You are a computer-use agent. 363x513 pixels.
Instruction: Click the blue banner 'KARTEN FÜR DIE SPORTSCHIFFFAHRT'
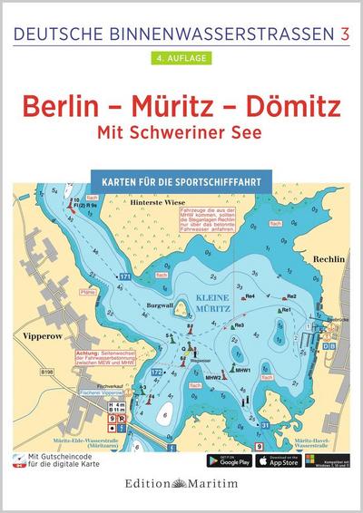point(181,179)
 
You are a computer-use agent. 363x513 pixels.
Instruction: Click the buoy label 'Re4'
point(249,296)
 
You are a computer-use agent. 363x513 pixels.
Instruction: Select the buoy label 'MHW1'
point(242,370)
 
